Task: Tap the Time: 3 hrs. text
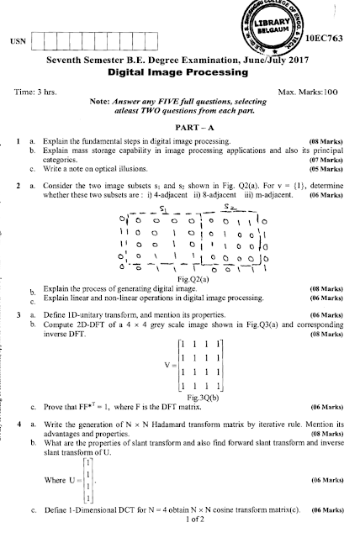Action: pyautogui.click(x=38, y=89)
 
